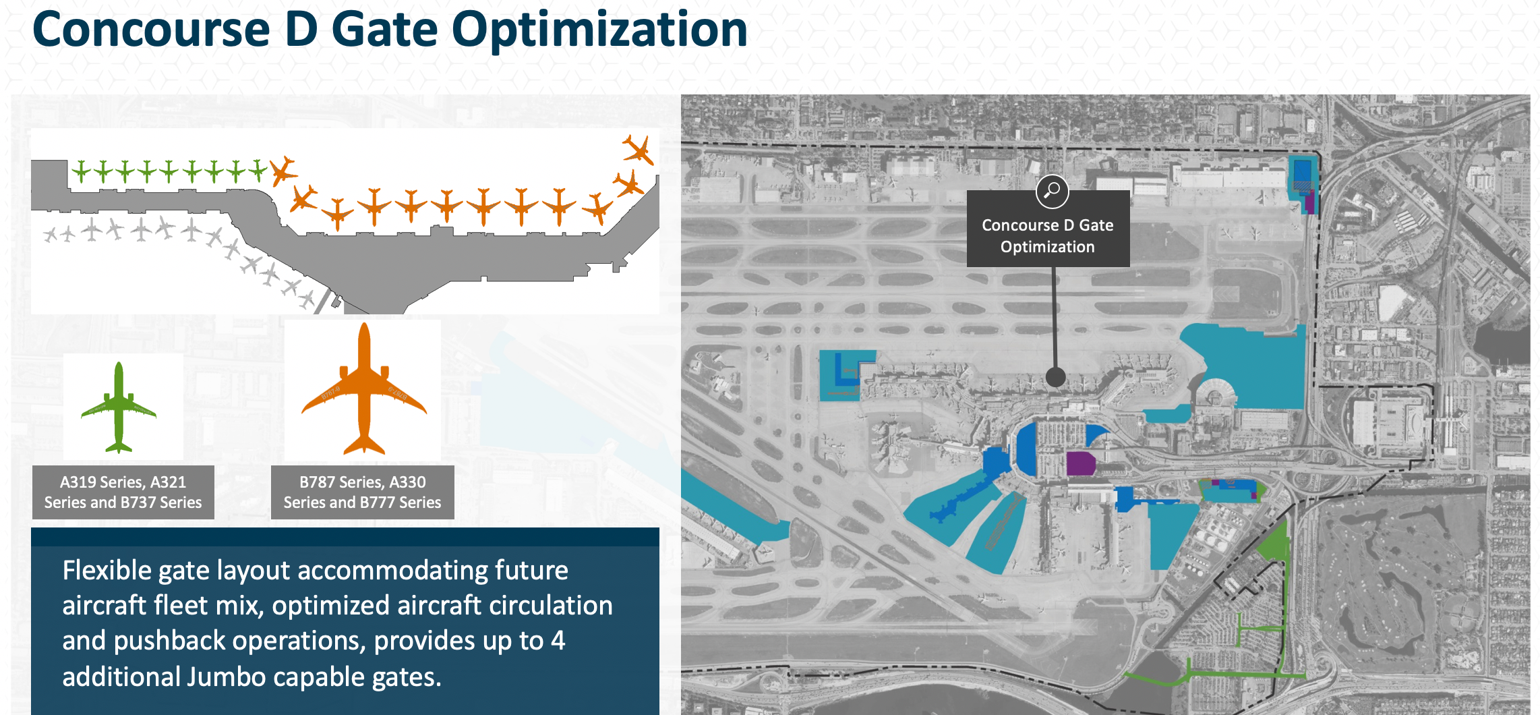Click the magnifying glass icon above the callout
pos(1052,192)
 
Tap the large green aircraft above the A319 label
pos(119,407)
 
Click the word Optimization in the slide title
pos(599,30)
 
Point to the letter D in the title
pos(301,30)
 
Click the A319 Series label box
pos(123,492)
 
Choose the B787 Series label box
pos(363,492)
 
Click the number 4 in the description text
pos(558,641)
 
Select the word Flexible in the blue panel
pos(107,571)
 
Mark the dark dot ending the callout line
pos(1055,377)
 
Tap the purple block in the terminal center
pos(1081,464)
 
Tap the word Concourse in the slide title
pos(152,30)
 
